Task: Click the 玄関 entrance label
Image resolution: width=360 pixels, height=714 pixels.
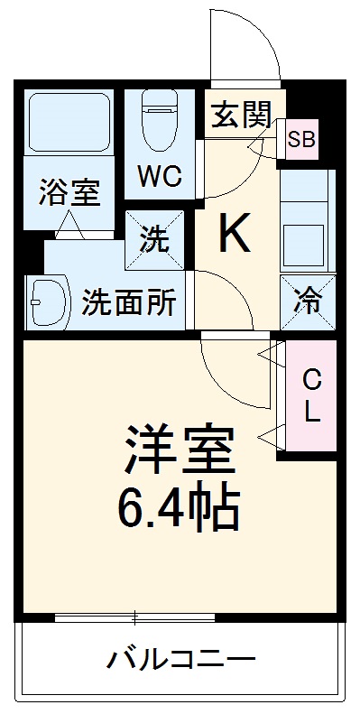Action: tap(241, 114)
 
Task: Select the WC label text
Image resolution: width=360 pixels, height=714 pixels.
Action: tap(159, 175)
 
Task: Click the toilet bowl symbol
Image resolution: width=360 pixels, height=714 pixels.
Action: tap(161, 121)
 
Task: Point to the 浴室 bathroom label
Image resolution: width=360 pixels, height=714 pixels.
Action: tap(69, 191)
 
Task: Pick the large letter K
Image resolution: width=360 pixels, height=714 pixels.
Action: tap(235, 236)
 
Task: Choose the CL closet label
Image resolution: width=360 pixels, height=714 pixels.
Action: tap(310, 395)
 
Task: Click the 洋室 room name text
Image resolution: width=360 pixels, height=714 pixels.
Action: tap(180, 448)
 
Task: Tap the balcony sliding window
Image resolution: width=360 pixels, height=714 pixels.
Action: tap(134, 618)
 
